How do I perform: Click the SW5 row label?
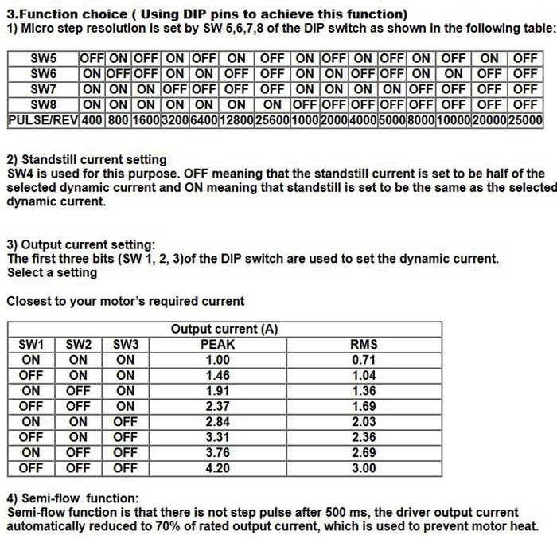pyautogui.click(x=43, y=58)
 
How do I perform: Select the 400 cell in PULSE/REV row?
pyautogui.click(x=92, y=120)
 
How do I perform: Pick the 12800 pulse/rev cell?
pyautogui.click(x=236, y=120)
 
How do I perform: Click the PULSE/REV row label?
pyautogui.click(x=43, y=120)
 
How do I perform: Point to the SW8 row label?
pyautogui.click(x=43, y=104)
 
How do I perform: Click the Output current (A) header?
pyautogui.click(x=224, y=329)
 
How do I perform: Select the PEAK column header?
pyautogui.click(x=217, y=345)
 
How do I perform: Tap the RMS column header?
pyautogui.click(x=364, y=345)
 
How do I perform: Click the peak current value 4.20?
pyautogui.click(x=217, y=468)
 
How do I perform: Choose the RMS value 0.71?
pyautogui.click(x=364, y=360)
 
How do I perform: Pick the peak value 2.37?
pyautogui.click(x=217, y=406)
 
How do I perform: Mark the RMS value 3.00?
pyautogui.click(x=364, y=468)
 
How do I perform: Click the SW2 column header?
pyautogui.click(x=78, y=345)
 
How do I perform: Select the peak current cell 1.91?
pyautogui.click(x=217, y=391)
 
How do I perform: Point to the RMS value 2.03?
pyautogui.click(x=364, y=422)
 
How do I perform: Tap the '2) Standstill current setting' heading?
pyautogui.click(x=87, y=159)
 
